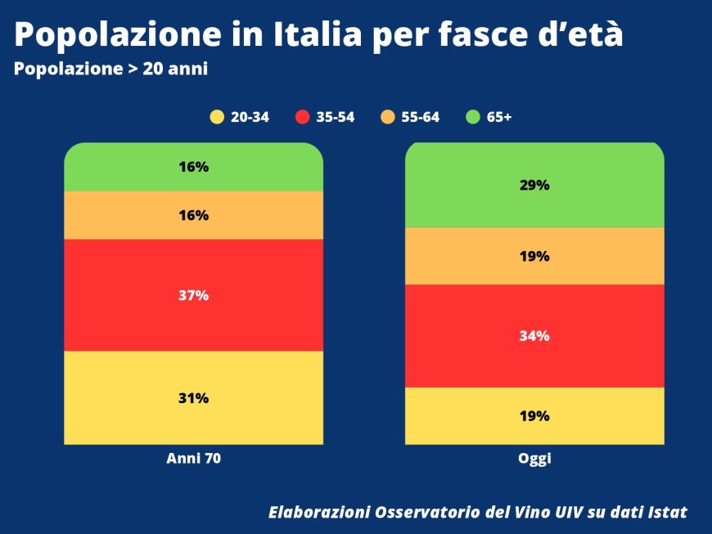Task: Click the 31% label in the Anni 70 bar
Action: (194, 398)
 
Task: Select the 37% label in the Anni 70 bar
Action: (194, 295)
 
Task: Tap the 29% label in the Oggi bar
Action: (534, 185)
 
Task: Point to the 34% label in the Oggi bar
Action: (534, 336)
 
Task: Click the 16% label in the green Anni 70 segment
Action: (194, 167)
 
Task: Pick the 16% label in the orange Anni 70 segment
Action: (194, 216)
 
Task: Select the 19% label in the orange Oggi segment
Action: (534, 256)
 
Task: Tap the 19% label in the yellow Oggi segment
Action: (534, 415)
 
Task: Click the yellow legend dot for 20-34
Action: (217, 117)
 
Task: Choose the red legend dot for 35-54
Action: (303, 117)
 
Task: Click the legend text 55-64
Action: (421, 117)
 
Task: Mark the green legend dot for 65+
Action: (473, 117)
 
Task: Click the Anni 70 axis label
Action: (194, 459)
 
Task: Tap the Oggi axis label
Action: (534, 459)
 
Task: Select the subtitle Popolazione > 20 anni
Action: (110, 70)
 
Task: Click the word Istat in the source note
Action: (665, 513)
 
